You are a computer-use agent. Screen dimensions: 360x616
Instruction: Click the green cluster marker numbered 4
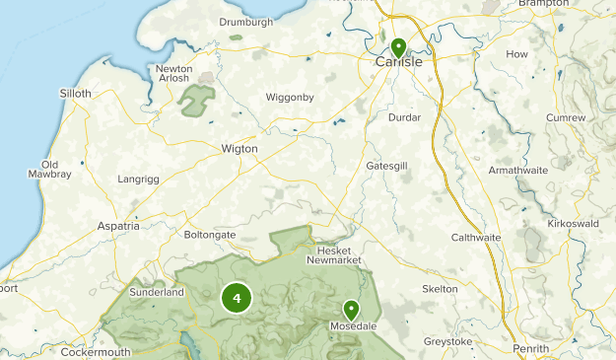(x=237, y=298)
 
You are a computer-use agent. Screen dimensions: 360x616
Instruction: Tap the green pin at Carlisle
(x=398, y=47)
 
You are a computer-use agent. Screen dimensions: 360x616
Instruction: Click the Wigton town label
(x=240, y=149)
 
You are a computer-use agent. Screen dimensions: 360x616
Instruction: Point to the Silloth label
(x=75, y=94)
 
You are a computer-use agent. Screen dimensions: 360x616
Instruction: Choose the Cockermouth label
(x=95, y=352)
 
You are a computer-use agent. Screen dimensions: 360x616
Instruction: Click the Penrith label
(x=532, y=349)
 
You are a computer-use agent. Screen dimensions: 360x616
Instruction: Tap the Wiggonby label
(x=289, y=98)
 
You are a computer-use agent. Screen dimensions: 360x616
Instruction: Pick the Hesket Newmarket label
(x=333, y=254)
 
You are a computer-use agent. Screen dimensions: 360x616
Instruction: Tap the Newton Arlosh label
(x=174, y=75)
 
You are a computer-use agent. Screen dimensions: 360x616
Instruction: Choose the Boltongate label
(x=210, y=235)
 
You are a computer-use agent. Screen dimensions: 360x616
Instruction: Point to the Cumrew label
(x=566, y=118)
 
